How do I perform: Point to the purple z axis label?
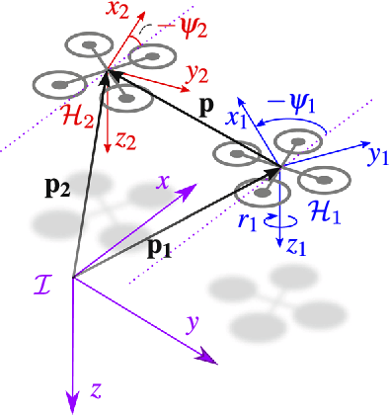pos(96,391)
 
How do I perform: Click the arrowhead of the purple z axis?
pos(72,404)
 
